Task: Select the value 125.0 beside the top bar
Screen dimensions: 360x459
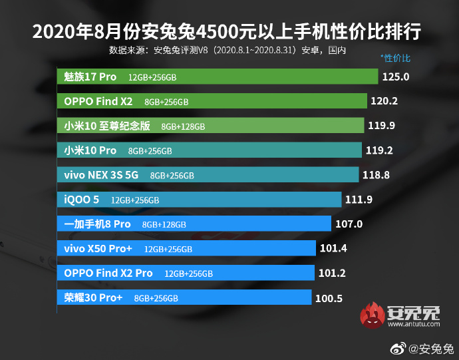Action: (x=395, y=77)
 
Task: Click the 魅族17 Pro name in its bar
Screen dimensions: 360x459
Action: (x=90, y=77)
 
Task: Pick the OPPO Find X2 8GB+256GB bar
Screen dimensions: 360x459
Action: (x=212, y=101)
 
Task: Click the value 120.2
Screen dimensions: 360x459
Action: (x=384, y=101)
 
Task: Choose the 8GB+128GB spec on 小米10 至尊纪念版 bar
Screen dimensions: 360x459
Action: (x=183, y=126)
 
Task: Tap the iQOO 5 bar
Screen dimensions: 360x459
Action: (x=199, y=199)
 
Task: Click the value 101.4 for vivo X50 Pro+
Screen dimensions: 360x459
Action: (x=333, y=248)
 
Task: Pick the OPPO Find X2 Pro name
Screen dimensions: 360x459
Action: (x=108, y=273)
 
